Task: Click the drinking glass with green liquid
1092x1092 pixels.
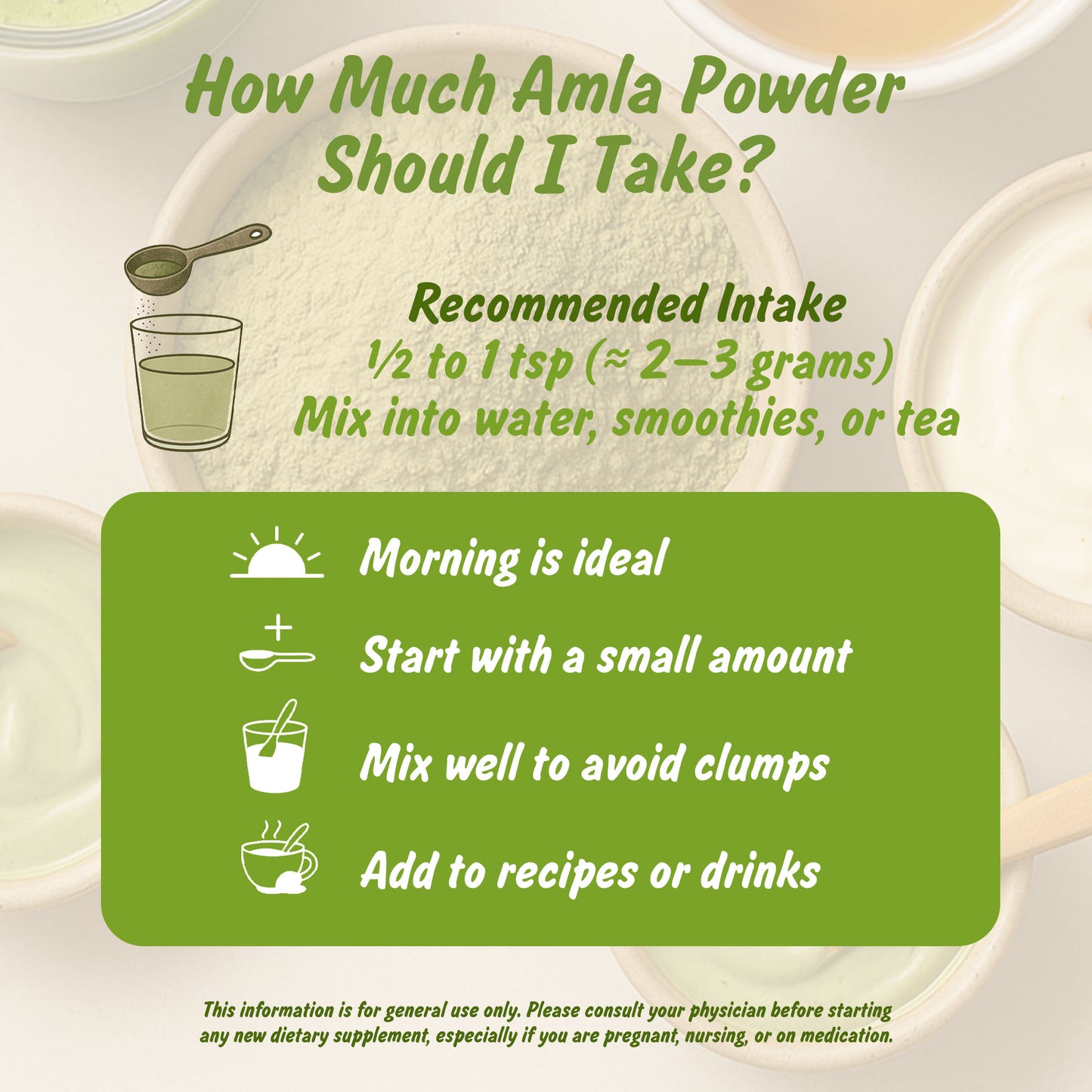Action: [x=187, y=382]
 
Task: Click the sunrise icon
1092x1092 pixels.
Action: [x=277, y=556]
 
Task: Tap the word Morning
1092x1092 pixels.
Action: [x=439, y=559]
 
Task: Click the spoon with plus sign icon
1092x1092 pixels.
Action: [x=277, y=646]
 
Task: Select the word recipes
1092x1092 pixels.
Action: [x=567, y=873]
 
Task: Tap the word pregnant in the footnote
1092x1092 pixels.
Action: [x=640, y=1035]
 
